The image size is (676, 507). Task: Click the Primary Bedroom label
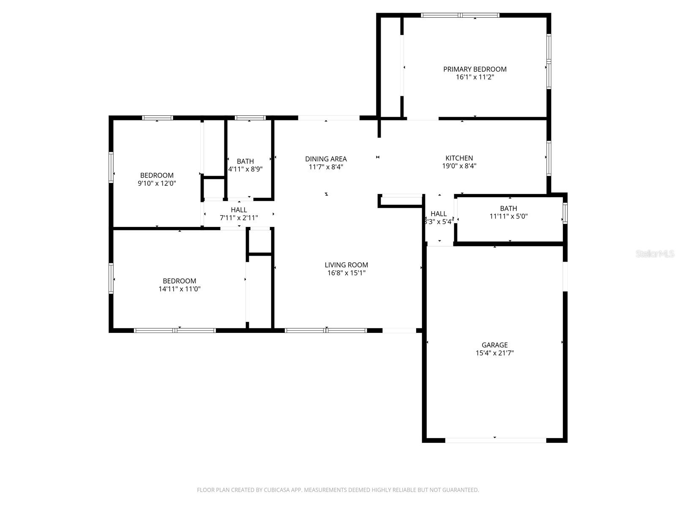coord(474,69)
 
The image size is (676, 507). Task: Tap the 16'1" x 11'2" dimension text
coord(474,77)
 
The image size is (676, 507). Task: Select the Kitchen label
coord(459,158)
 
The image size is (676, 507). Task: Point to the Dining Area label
coord(326,159)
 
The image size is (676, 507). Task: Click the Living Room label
coord(346,265)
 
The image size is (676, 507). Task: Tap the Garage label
coord(494,345)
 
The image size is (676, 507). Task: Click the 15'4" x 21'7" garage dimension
coord(494,353)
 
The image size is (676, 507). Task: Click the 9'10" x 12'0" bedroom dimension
coord(157,183)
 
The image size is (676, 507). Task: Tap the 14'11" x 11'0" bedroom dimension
coord(179,289)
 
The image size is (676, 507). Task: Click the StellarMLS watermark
coord(655,254)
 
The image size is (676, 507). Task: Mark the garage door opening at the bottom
coord(495,440)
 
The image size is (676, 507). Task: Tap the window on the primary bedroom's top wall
coord(460,15)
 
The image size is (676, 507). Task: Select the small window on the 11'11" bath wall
coord(565,213)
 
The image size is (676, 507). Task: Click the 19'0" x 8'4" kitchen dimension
coord(459,166)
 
